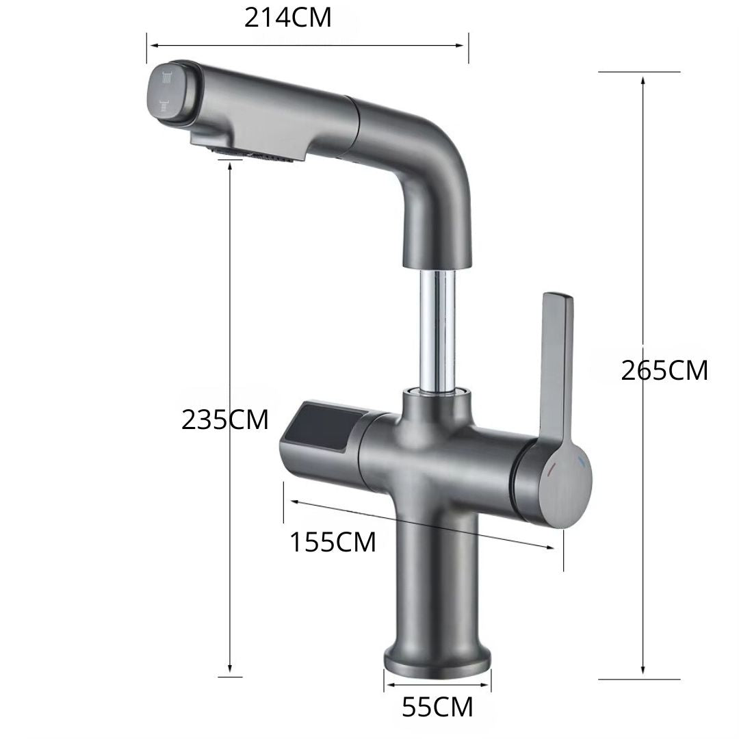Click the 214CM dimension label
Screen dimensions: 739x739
point(288,18)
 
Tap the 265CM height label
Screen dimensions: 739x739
point(664,370)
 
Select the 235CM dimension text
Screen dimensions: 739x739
point(224,419)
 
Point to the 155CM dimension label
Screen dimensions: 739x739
point(333,543)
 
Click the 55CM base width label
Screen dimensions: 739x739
point(437,707)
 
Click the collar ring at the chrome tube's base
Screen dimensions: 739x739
point(438,392)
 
